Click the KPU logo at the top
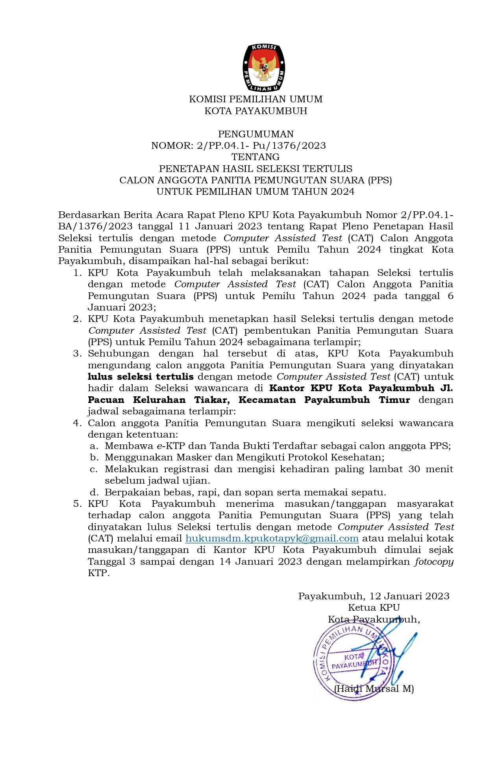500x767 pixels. (x=263, y=68)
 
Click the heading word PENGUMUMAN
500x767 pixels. (x=256, y=134)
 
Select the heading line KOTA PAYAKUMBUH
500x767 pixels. (x=256, y=111)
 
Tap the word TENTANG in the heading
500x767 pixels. (x=256, y=157)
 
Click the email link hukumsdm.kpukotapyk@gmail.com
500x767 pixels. (x=272, y=538)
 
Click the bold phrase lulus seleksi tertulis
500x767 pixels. (x=141, y=377)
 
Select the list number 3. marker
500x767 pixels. (x=77, y=353)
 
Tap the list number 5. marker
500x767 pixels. (x=77, y=504)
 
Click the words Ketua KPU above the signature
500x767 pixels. (x=374, y=608)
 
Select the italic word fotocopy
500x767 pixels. (x=434, y=562)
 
